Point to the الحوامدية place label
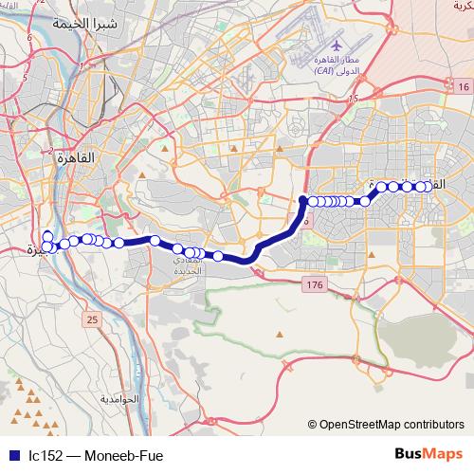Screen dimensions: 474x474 pyautogui.click(x=119, y=399)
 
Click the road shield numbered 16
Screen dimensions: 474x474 pyautogui.click(x=463, y=87)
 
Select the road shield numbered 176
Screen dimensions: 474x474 pyautogui.click(x=315, y=284)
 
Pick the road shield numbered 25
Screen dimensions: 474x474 pyautogui.click(x=92, y=320)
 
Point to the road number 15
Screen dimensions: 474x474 pyautogui.click(x=352, y=99)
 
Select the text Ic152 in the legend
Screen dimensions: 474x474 pyautogui.click(x=46, y=455)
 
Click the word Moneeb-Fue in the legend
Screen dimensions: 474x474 pyautogui.click(x=123, y=455)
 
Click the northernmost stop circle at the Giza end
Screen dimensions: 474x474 pyautogui.click(x=47, y=235)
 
